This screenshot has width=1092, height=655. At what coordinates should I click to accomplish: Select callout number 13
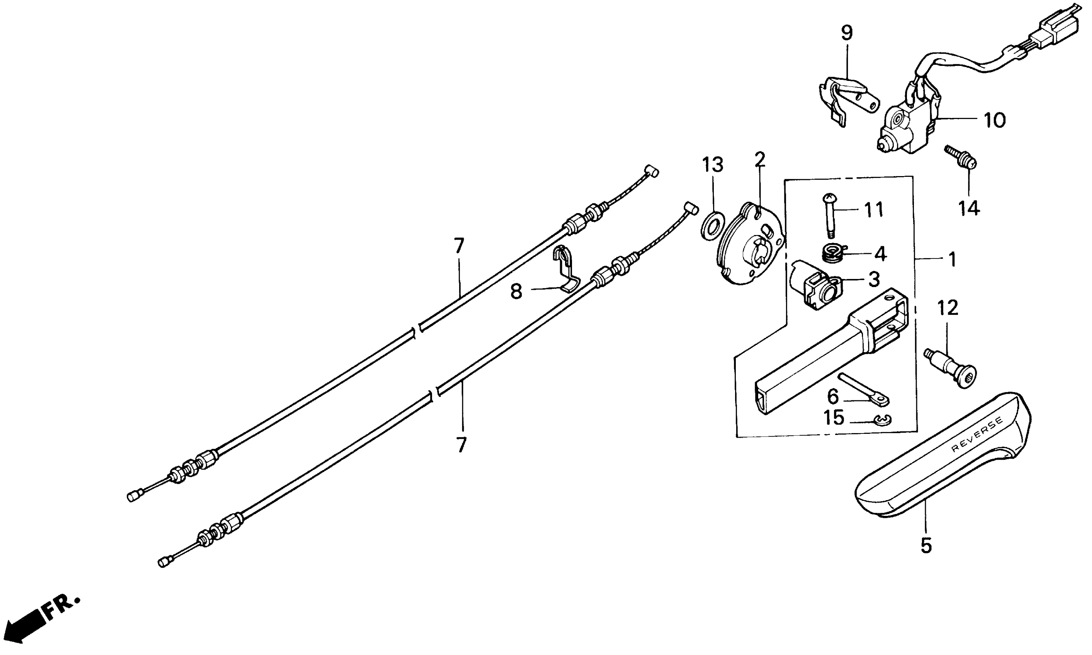713,165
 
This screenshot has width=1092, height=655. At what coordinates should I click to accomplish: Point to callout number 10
994,120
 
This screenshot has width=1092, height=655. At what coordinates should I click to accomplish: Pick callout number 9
846,33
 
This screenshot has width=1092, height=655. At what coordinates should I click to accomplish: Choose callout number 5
925,546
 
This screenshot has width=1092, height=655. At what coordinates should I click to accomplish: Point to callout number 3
874,279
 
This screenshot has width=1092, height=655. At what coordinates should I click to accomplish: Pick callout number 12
947,307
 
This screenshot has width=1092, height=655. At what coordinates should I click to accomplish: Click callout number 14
968,208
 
